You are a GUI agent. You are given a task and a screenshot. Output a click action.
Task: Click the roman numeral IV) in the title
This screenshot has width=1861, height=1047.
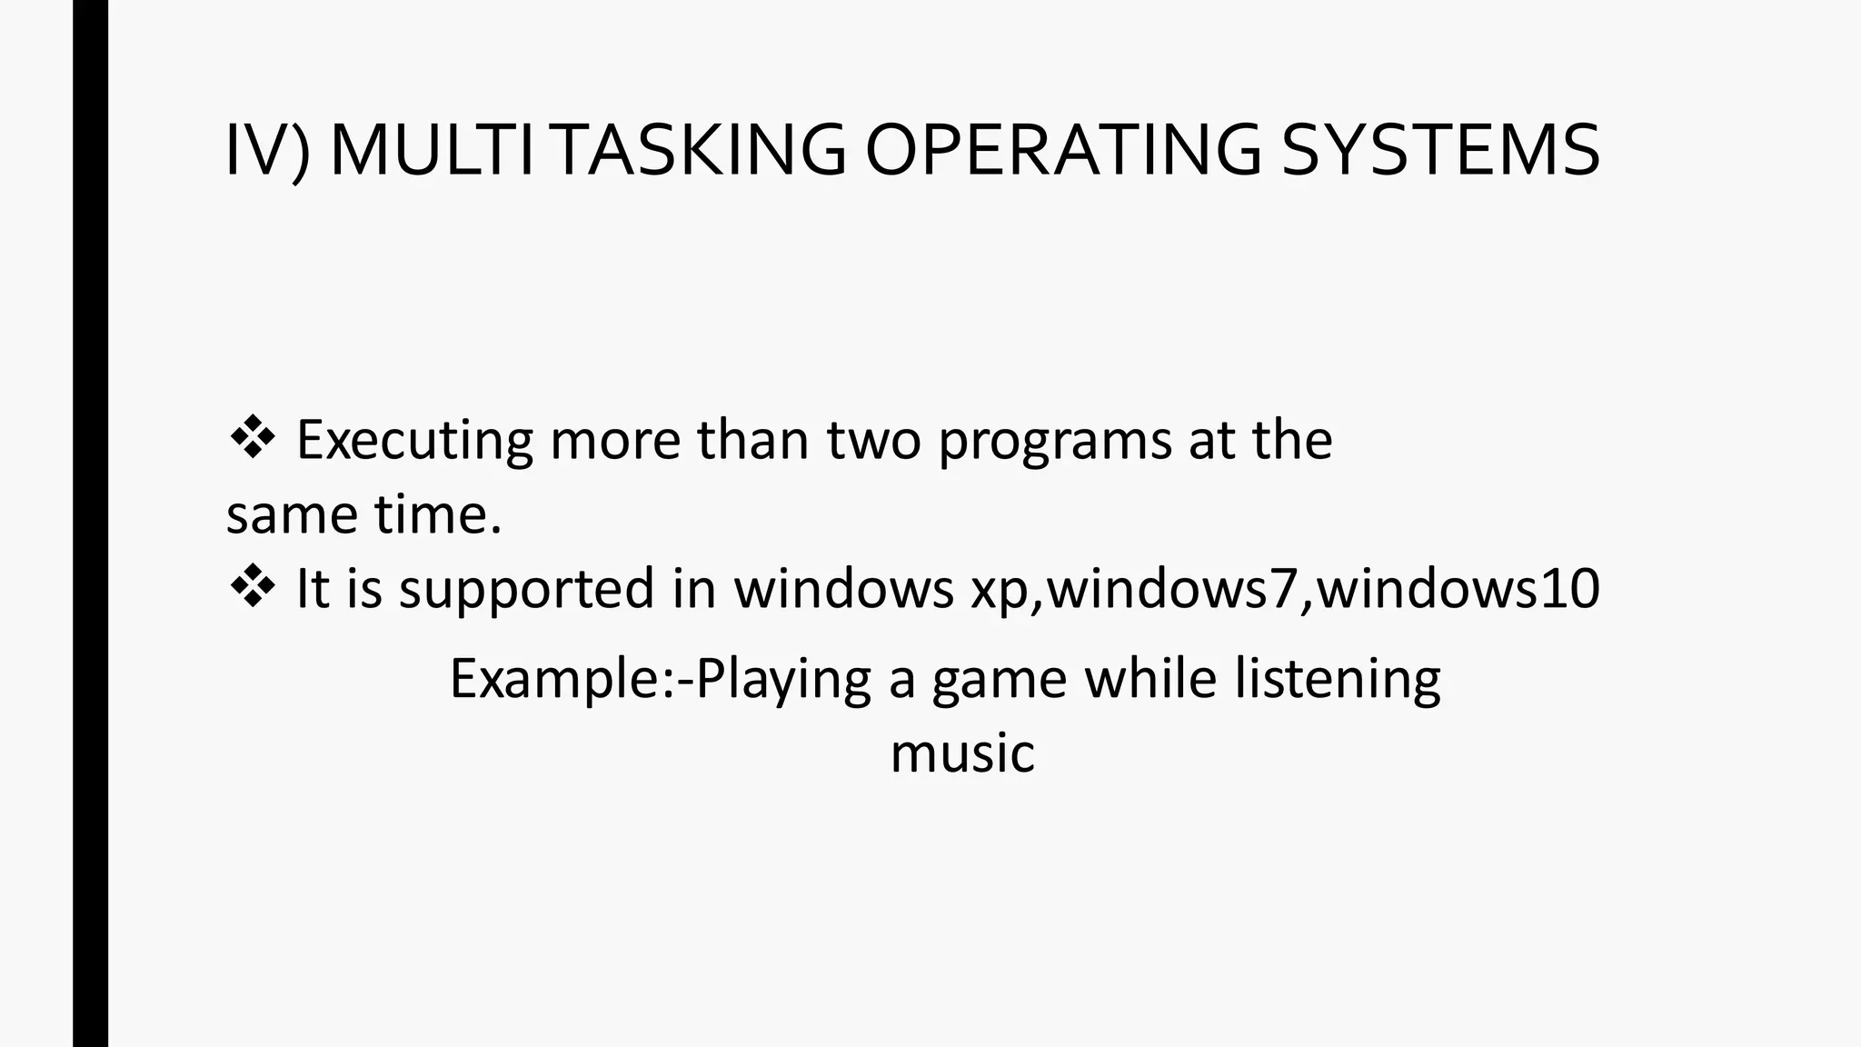pyautogui.click(x=267, y=151)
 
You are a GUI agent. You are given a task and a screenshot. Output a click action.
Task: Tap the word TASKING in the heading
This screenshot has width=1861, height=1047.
pyautogui.click(x=699, y=151)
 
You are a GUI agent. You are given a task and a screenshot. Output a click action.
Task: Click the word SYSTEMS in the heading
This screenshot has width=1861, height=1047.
pyautogui.click(x=1439, y=151)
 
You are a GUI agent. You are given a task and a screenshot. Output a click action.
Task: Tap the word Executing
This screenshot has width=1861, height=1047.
pyautogui.click(x=414, y=441)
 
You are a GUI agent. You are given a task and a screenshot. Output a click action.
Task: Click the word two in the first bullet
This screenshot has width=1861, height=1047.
pyautogui.click(x=873, y=441)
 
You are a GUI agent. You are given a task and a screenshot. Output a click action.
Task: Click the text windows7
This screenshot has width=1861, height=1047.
pyautogui.click(x=1173, y=589)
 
